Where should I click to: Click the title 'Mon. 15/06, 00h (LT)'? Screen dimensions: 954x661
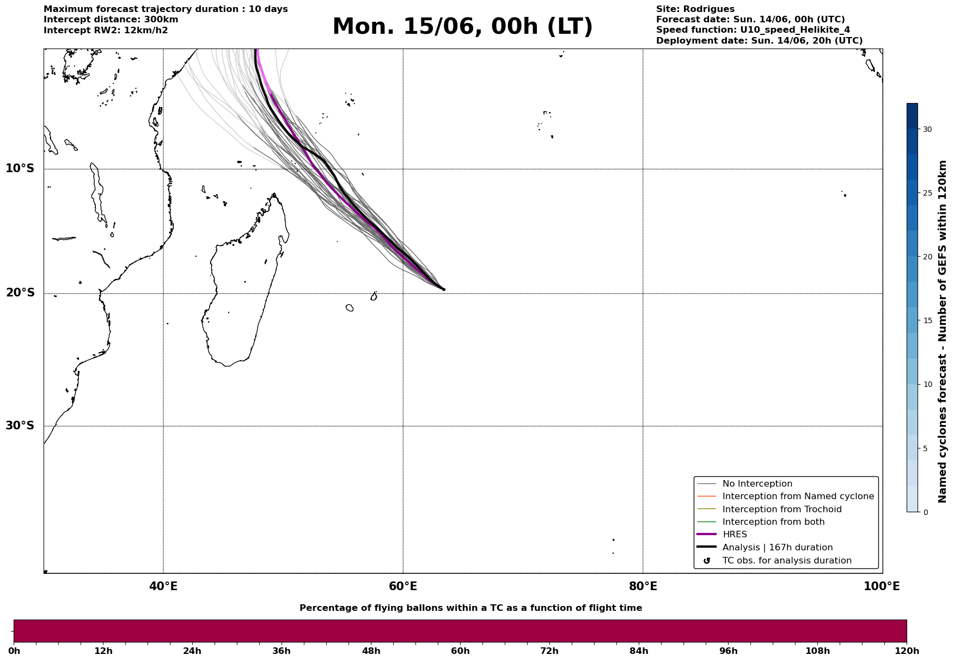click(462, 27)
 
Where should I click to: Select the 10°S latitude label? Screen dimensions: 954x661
click(20, 168)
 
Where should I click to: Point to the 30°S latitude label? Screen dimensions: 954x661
click(20, 426)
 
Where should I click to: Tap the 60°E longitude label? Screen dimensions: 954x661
click(403, 586)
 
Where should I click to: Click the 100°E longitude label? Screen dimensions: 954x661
click(882, 586)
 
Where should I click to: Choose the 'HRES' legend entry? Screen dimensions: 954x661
click(735, 535)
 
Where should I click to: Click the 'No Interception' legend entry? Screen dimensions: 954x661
click(757, 484)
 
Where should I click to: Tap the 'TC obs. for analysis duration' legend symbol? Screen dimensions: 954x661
click(707, 561)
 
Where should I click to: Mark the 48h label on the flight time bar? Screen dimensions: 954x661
click(371, 651)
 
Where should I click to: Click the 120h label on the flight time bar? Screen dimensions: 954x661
click(907, 651)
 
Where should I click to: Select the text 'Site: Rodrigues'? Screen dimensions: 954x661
click(695, 9)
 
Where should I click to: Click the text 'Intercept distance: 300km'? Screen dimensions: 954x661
click(111, 20)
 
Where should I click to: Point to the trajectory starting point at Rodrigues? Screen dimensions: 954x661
click(443, 289)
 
